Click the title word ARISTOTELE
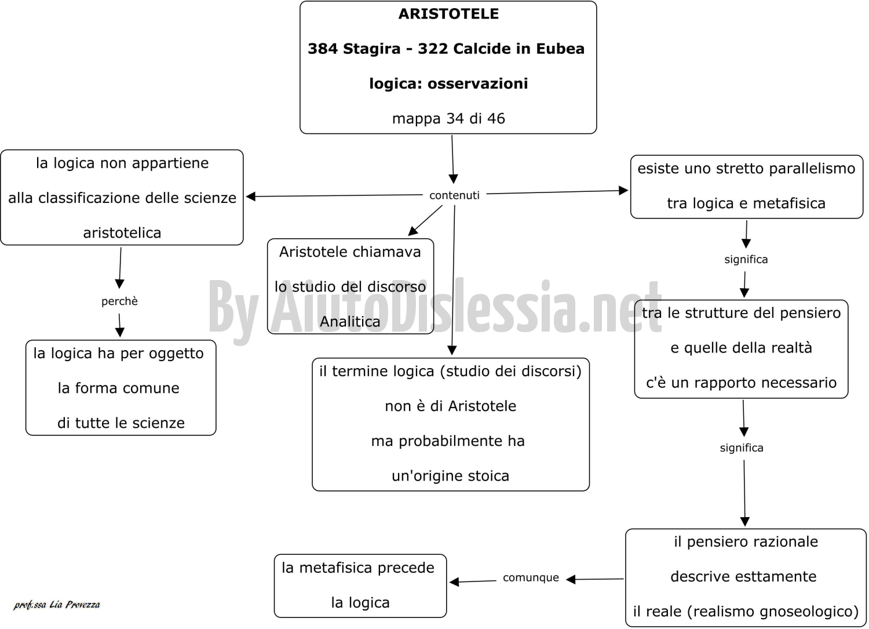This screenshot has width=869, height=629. point(448,14)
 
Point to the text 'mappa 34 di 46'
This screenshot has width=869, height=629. point(448,119)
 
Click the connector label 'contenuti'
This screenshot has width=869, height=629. point(454,195)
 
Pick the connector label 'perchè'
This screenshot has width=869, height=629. point(119,301)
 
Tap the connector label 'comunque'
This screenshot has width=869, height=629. point(531,578)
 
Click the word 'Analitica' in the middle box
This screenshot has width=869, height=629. point(350,322)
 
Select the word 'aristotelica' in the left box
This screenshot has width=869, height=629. point(122,233)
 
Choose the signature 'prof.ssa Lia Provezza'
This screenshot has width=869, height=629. point(57,605)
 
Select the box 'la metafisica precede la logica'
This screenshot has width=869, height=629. point(360,586)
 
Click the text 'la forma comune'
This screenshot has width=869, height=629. point(119,388)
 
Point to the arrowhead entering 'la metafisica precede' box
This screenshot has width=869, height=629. point(454,582)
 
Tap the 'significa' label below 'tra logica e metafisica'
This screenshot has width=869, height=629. point(746,260)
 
